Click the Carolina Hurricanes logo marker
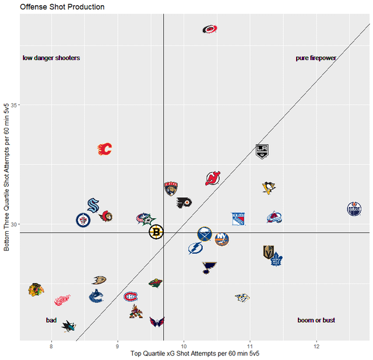pos(210,29)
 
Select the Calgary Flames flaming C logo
pos(104,149)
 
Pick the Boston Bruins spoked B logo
pos(156,232)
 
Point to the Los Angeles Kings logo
pos(263,151)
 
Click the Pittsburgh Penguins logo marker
pos(268,188)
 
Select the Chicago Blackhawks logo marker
pos(36,289)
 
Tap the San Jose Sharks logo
pos(69,326)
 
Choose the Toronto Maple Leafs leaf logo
pos(277,258)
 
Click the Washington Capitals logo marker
pos(157,321)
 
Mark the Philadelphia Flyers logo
pos(184,203)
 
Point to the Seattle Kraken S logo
pos(93,205)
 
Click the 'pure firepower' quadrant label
pos(316,58)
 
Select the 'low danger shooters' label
pos(51,58)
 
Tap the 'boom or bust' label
pos(316,320)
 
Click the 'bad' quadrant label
pos(51,320)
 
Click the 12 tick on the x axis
pos(316,346)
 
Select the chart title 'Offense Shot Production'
pos(62,7)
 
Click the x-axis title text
pos(195,354)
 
